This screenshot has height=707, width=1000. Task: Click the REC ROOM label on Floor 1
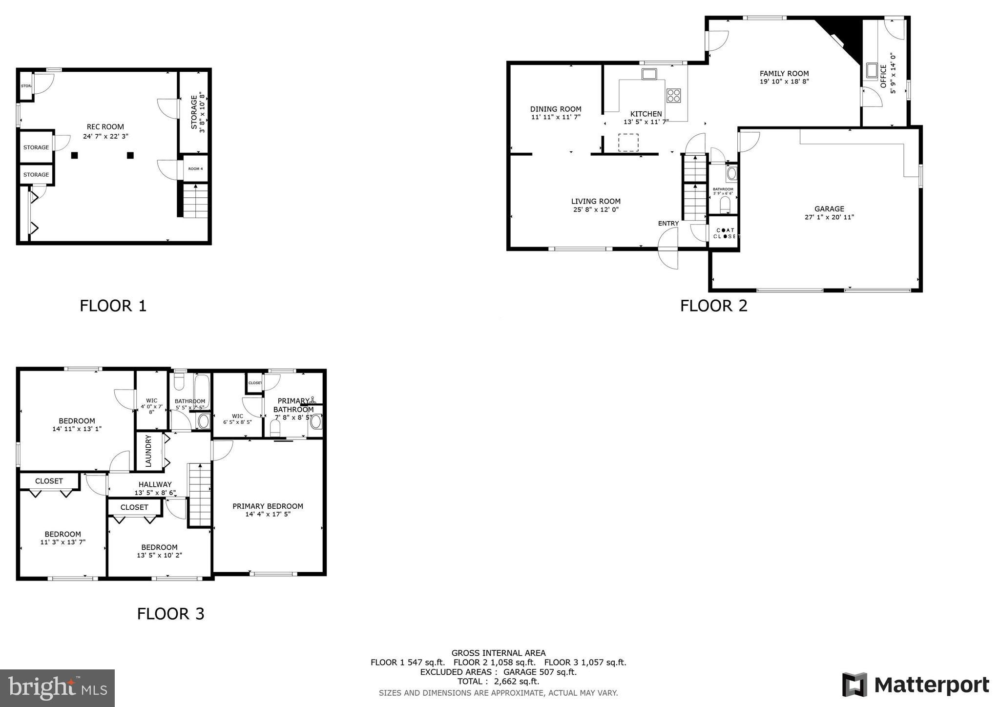(x=105, y=127)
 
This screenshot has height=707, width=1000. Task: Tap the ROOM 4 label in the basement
(x=195, y=169)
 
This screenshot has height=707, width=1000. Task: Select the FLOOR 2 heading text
(x=713, y=306)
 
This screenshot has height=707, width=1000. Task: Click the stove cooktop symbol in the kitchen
(x=674, y=95)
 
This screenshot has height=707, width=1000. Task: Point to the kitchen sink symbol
(x=649, y=74)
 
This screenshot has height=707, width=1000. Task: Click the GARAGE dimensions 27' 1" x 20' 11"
(x=829, y=217)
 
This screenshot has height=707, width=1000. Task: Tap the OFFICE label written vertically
(x=883, y=76)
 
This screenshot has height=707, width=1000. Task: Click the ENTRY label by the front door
(x=668, y=224)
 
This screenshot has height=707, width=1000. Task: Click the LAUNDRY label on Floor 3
(x=149, y=451)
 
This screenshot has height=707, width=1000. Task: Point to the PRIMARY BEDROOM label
(x=268, y=506)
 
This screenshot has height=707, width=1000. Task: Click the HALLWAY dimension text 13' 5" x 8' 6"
(x=155, y=493)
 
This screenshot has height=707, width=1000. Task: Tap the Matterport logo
(x=915, y=685)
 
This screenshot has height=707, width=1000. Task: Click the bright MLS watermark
(x=57, y=688)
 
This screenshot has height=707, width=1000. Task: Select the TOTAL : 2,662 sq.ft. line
(x=498, y=681)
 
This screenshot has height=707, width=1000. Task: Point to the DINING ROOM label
(x=556, y=109)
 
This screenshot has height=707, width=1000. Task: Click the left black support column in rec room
(x=75, y=155)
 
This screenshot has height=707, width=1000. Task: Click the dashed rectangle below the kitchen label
(x=628, y=142)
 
